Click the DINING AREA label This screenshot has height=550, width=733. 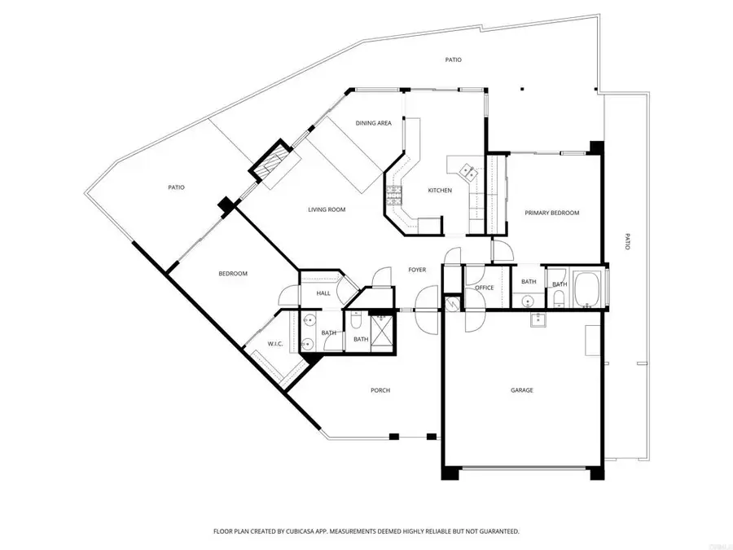374,123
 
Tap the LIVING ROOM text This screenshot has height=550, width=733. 327,209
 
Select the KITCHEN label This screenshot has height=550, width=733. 440,191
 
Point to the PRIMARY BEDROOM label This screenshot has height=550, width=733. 551,213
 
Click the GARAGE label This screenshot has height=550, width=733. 521,390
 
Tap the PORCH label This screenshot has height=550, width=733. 380,390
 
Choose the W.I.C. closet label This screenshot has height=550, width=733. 274,344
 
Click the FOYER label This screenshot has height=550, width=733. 417,270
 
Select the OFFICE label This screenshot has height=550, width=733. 485,288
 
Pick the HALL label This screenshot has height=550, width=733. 323,293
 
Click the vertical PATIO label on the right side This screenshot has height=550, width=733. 627,242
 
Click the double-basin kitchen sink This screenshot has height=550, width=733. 470,170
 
